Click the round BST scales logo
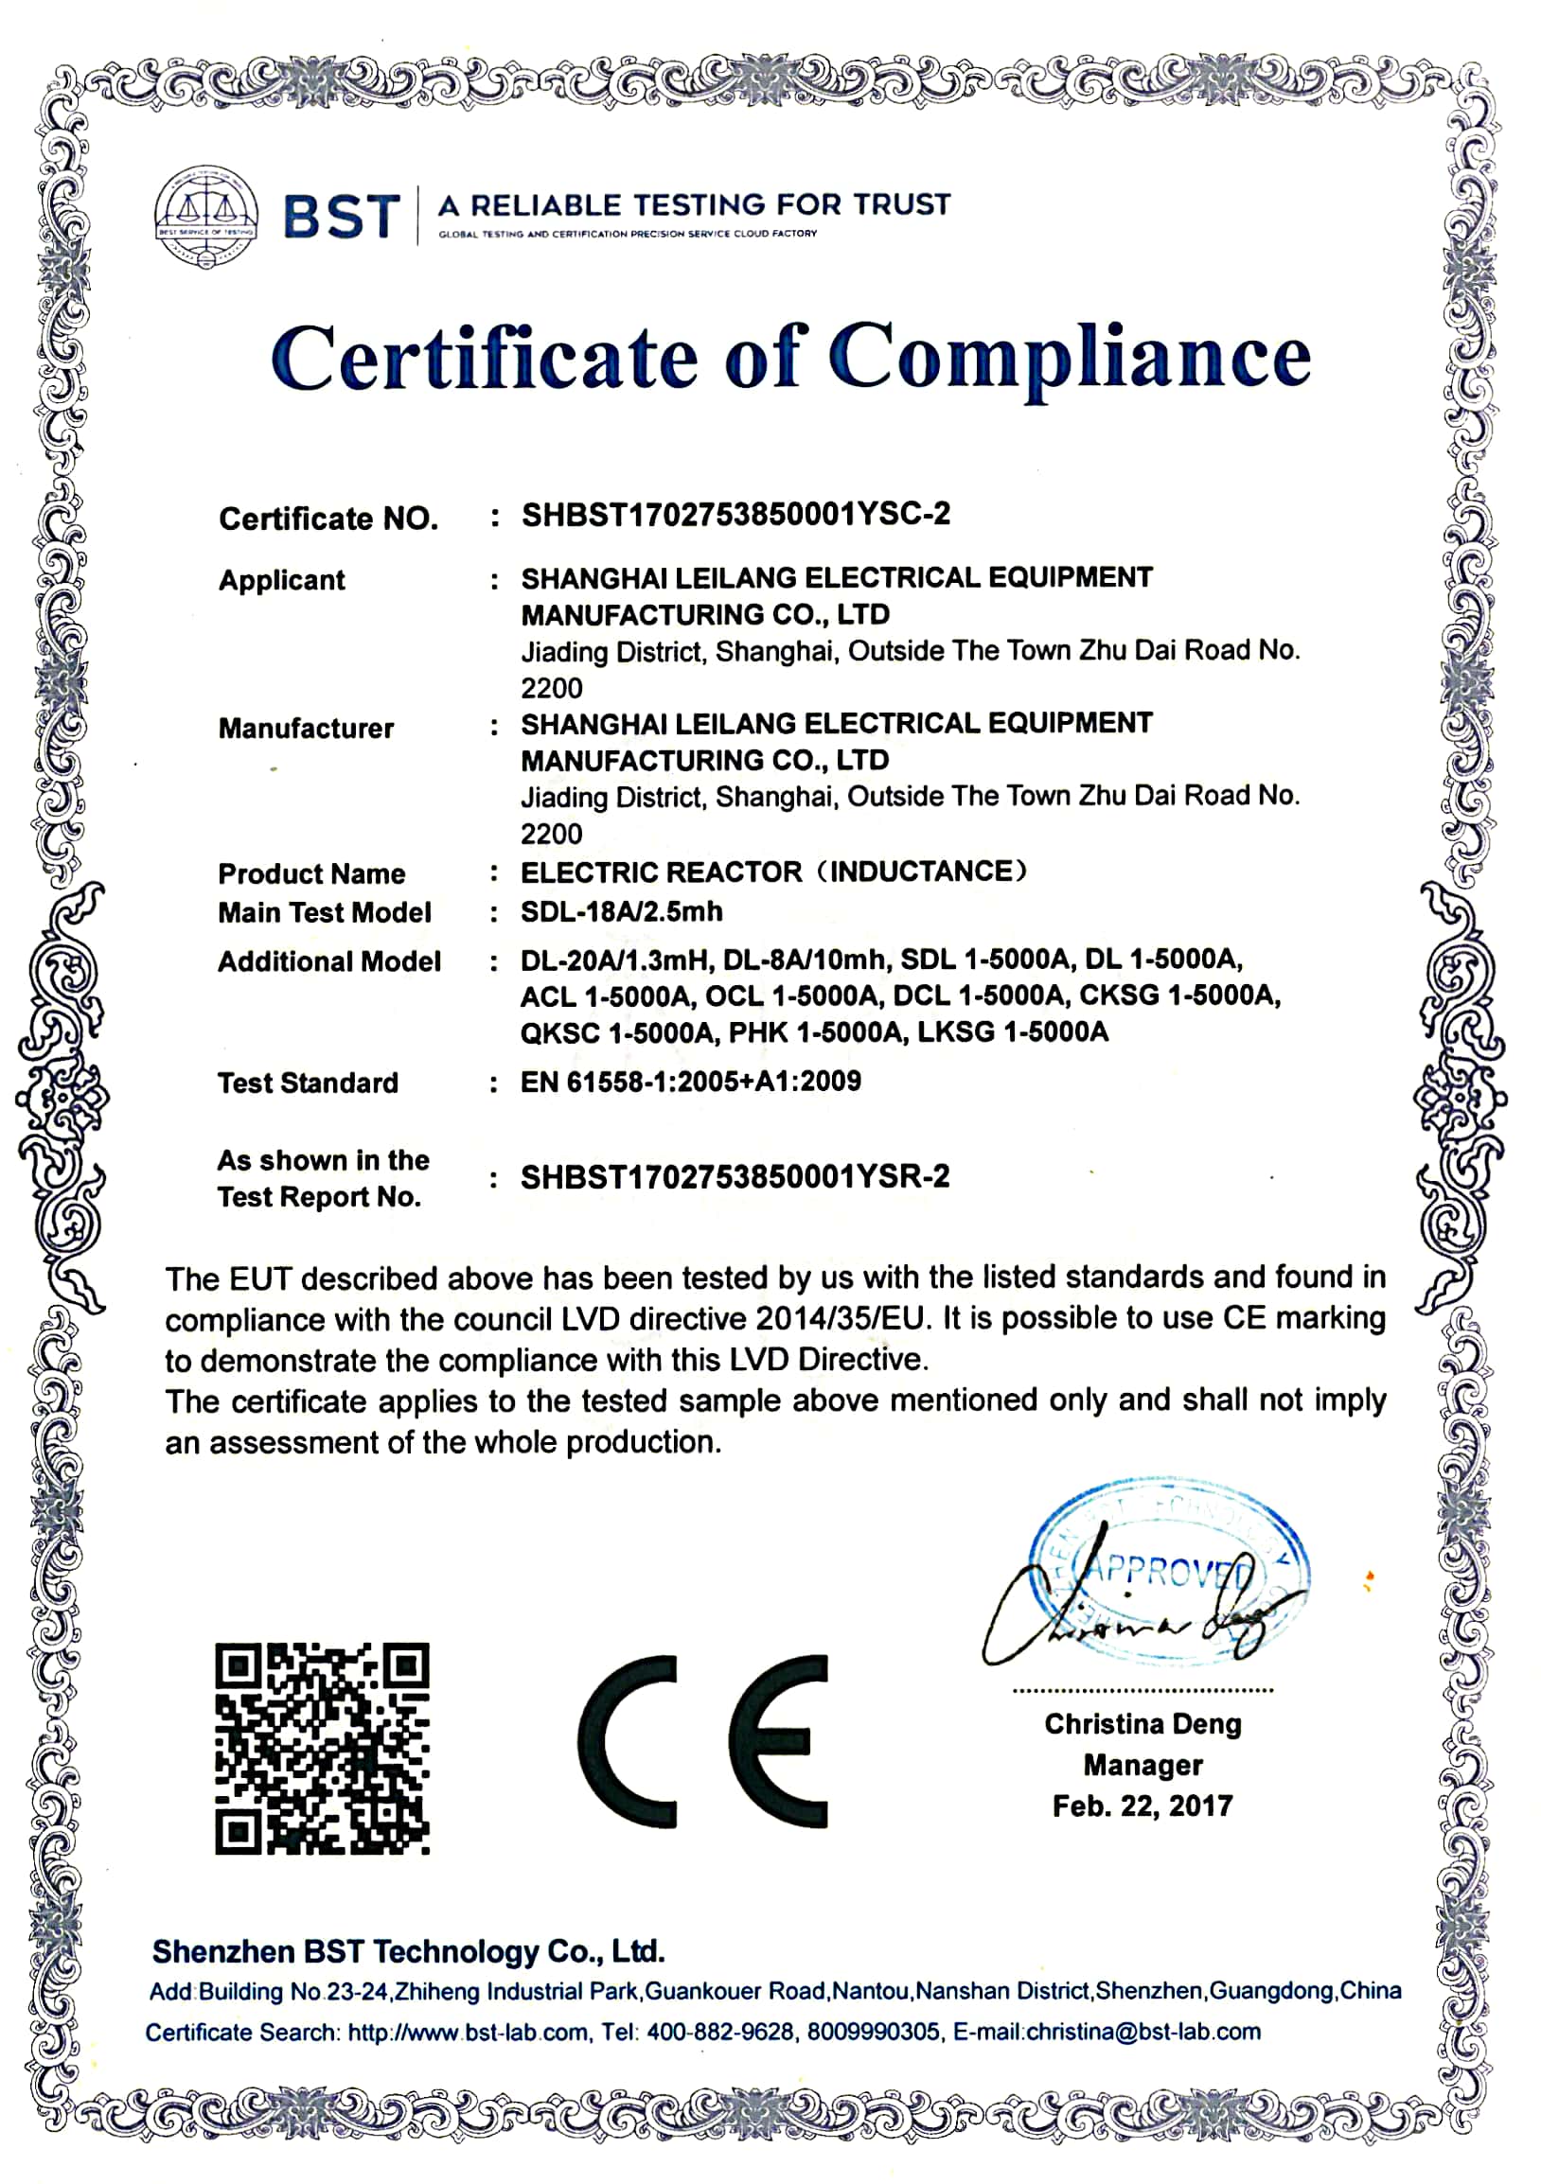tap(205, 215)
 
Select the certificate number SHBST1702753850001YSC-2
tap(735, 515)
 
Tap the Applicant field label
tap(281, 580)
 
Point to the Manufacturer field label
tap(306, 729)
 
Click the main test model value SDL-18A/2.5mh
tap(621, 911)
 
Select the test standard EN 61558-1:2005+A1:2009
tap(691, 1082)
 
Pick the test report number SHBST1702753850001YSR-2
tap(735, 1177)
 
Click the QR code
tap(322, 1749)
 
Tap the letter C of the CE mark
tap(629, 1742)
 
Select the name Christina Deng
tap(1142, 1723)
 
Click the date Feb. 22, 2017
tap(1142, 1805)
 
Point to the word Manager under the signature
tap(1142, 1765)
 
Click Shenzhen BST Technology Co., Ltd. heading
tap(408, 1952)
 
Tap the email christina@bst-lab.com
tap(1143, 2032)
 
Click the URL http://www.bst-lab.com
tap(468, 2033)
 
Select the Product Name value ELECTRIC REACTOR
tap(661, 872)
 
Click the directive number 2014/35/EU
tap(840, 1319)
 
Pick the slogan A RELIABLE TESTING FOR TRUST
tap(695, 205)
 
